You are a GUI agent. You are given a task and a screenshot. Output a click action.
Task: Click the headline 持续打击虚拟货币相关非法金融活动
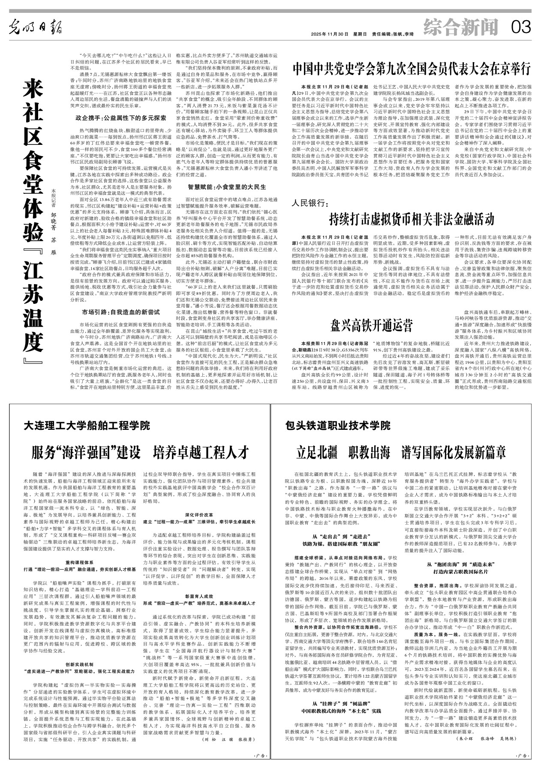click(x=412, y=219)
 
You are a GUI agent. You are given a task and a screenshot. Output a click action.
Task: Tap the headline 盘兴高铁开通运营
click(x=371, y=326)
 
